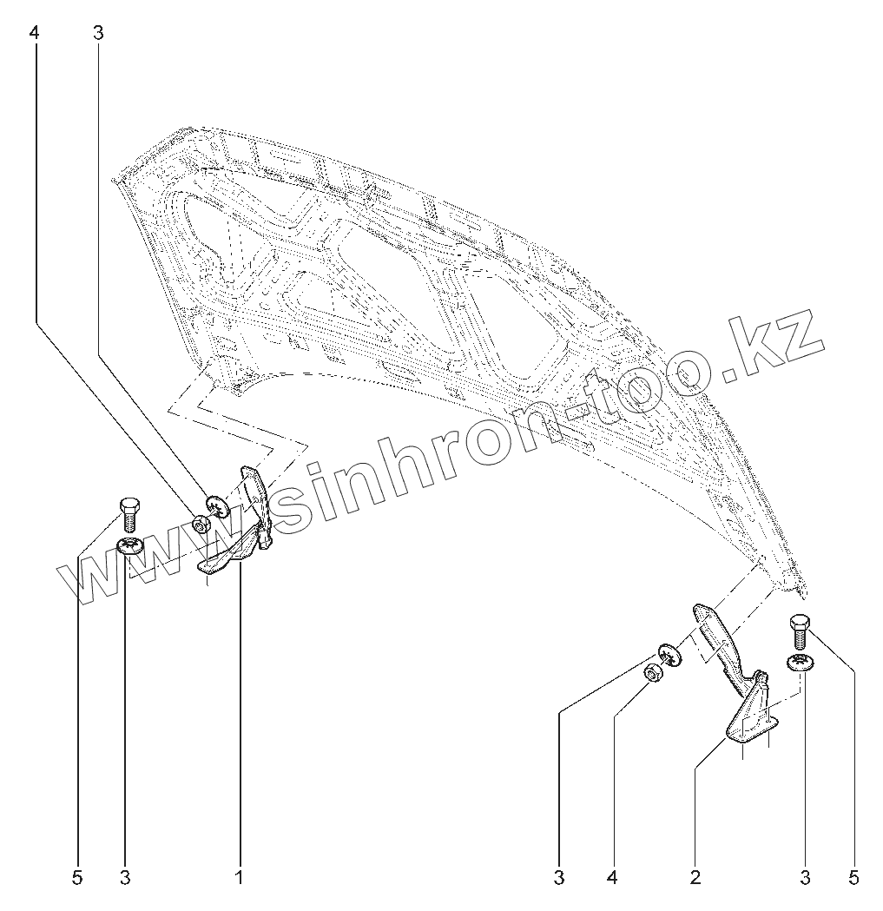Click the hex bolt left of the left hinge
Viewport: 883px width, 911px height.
pyautogui.click(x=128, y=512)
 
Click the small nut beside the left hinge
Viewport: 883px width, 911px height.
pyautogui.click(x=201, y=524)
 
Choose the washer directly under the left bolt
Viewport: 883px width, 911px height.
pyautogui.click(x=131, y=547)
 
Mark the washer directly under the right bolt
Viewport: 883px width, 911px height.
pyautogui.click(x=801, y=664)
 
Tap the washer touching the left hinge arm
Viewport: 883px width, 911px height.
pyautogui.click(x=219, y=503)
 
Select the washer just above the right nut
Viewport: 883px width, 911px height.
pyautogui.click(x=669, y=653)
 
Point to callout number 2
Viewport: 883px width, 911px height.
pyautogui.click(x=695, y=878)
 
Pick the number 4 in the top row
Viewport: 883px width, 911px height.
pyautogui.click(x=35, y=33)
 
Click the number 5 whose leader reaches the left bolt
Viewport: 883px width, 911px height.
pyautogui.click(x=76, y=878)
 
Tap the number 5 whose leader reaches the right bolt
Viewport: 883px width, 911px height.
pyautogui.click(x=855, y=878)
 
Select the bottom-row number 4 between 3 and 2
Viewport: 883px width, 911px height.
pyautogui.click(x=612, y=878)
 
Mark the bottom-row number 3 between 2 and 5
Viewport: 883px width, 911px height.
pyautogui.click(x=805, y=878)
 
